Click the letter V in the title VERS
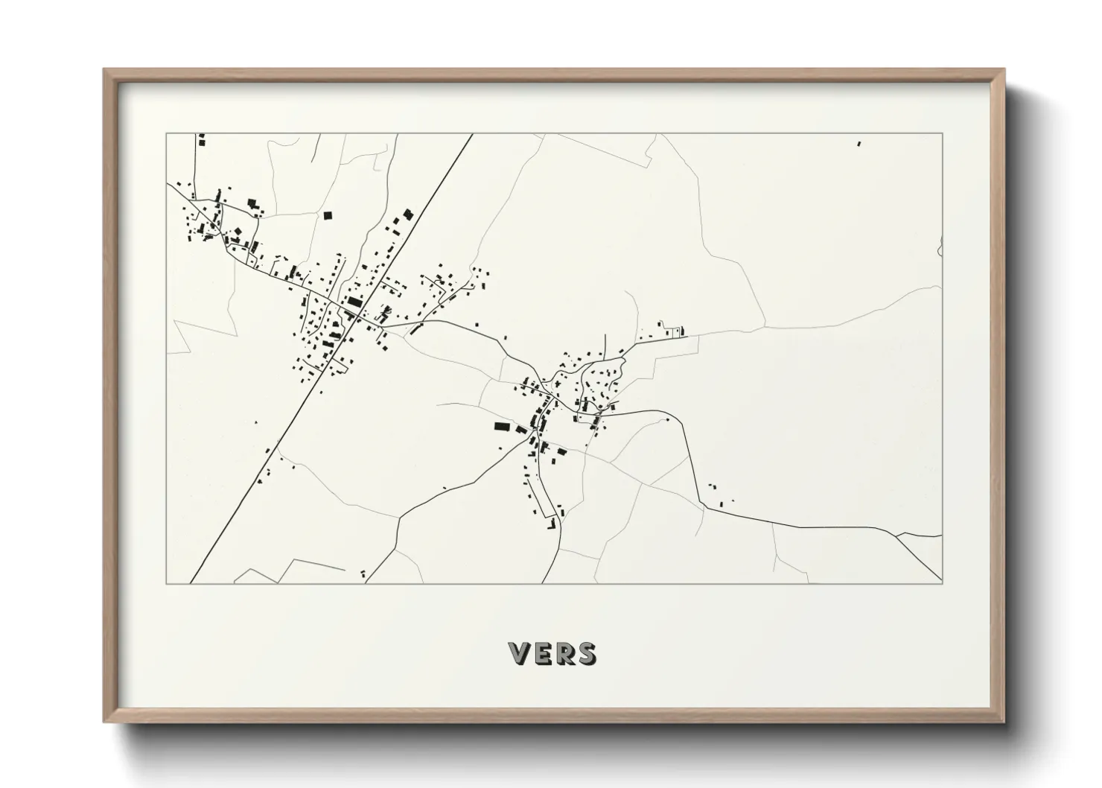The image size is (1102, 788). tap(520, 653)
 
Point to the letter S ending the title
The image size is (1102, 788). tap(586, 653)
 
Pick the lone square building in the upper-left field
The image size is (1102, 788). tap(326, 215)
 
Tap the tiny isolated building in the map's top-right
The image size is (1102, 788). tap(859, 144)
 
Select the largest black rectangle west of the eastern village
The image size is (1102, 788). tap(501, 426)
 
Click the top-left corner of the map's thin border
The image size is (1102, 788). tap(166, 134)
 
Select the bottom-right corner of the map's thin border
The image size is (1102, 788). tap(943, 583)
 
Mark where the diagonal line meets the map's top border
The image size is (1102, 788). tap(473, 134)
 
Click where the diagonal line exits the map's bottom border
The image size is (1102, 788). tap(191, 583)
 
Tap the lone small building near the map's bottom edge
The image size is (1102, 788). tap(363, 573)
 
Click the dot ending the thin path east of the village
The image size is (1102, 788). tap(667, 420)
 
